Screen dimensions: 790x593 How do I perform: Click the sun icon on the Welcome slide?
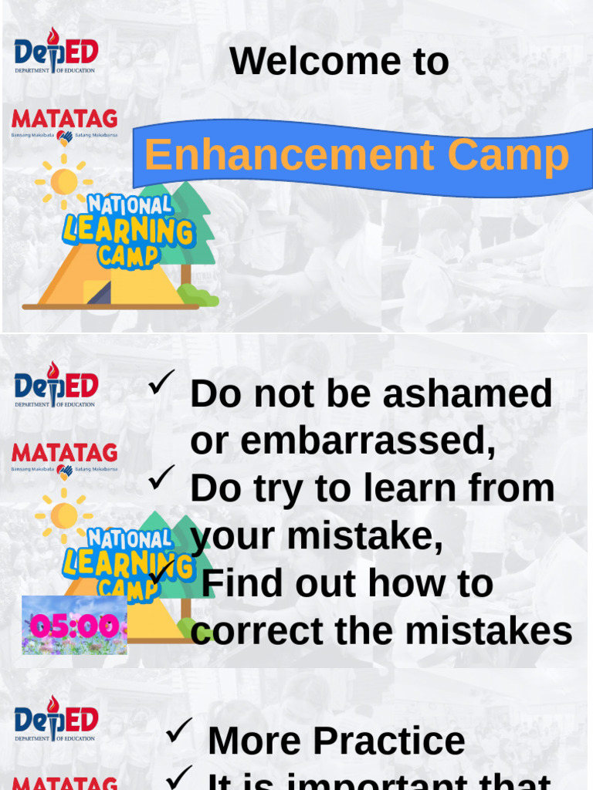click(64, 182)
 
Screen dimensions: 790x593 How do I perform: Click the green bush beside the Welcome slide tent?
click(198, 295)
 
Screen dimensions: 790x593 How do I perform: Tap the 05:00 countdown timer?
click(74, 626)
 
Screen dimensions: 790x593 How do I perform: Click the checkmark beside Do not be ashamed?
click(161, 382)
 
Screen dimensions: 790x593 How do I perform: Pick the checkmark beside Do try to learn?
click(161, 478)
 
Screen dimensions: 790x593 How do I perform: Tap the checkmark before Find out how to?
click(161, 572)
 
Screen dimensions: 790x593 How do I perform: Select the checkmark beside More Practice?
click(179, 730)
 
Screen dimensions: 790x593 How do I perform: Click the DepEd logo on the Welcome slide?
click(56, 50)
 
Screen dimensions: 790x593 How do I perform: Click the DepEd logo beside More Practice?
click(56, 718)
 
